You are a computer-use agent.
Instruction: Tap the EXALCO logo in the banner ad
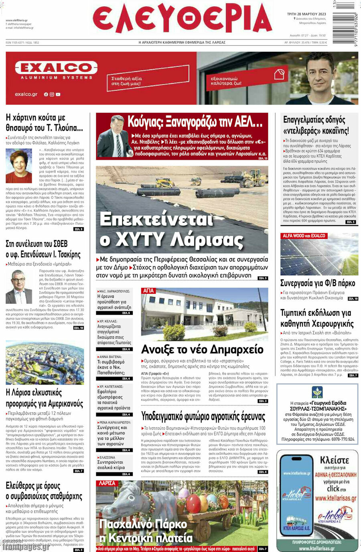56,68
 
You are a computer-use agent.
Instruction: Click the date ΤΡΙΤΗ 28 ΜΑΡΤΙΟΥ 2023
306,14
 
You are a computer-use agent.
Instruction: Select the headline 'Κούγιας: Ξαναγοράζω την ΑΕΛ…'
195,121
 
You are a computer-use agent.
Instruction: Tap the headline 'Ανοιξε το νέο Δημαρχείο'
202,349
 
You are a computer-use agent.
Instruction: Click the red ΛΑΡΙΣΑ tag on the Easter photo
107,483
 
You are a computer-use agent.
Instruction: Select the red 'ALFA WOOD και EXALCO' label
304,236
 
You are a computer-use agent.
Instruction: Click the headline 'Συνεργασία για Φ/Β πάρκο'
317,283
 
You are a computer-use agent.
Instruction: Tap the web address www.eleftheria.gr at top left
16,20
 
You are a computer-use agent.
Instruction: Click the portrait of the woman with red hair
18,166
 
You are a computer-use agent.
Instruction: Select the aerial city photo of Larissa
45,363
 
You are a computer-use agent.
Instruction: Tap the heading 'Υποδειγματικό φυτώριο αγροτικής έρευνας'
203,416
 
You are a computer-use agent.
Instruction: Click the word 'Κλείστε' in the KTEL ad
334,460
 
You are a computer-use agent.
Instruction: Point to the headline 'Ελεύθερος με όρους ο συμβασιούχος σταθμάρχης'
44,491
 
